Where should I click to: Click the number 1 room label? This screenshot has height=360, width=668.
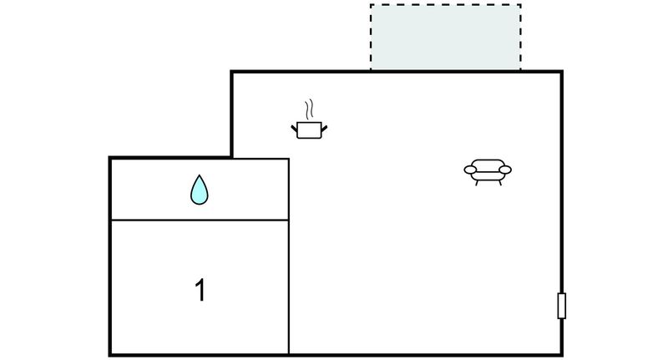point(200,290)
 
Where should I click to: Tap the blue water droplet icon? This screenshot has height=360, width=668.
point(200,190)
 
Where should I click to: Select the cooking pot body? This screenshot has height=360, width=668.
point(309,130)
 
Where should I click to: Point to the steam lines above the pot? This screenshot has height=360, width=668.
point(309,109)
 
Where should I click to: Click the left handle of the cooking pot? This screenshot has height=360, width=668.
point(294,128)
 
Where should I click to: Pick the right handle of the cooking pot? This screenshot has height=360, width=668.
point(324,129)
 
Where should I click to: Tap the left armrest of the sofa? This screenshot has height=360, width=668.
point(470,170)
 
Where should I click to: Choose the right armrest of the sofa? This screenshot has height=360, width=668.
point(505,170)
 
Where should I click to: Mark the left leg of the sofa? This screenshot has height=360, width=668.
point(476,183)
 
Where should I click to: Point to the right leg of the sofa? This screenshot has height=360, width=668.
point(499,183)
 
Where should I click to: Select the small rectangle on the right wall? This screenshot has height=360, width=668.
point(562,306)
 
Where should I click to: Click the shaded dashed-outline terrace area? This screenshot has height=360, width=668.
point(446,38)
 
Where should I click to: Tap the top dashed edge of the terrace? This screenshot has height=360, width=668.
point(446,5)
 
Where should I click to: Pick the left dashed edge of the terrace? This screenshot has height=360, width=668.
point(371,38)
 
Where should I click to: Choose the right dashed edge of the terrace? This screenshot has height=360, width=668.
point(520,38)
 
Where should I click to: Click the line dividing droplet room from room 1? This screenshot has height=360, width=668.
point(200,220)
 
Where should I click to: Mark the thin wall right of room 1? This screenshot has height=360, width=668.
point(289,256)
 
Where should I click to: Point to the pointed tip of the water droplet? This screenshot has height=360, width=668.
point(200,175)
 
